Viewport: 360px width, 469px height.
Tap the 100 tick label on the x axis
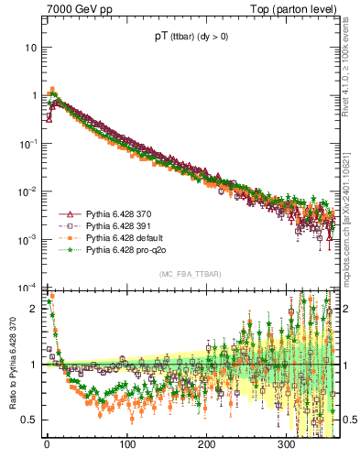126,443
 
